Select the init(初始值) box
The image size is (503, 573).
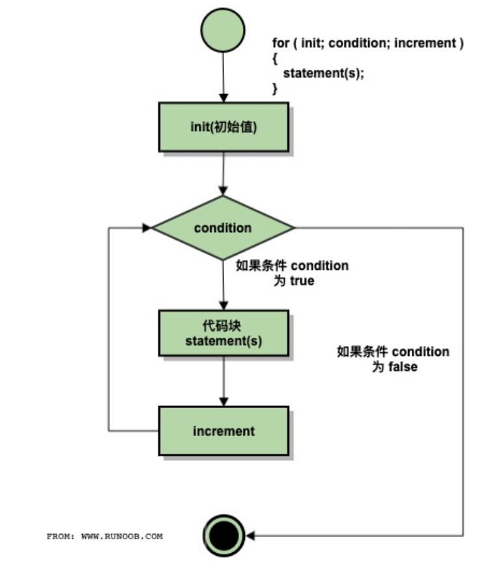pyautogui.click(x=223, y=126)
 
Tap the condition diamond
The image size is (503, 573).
pyautogui.click(x=223, y=228)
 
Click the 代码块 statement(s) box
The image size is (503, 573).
pyautogui.click(x=223, y=333)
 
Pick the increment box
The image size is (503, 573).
pyautogui.click(x=223, y=431)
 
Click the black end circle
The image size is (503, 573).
pyautogui.click(x=223, y=536)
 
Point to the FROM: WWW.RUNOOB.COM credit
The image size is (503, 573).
pyautogui.click(x=104, y=536)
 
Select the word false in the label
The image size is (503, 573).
pyautogui.click(x=403, y=367)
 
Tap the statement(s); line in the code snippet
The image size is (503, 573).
pyautogui.click(x=323, y=74)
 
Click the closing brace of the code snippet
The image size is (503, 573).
pyautogui.click(x=275, y=89)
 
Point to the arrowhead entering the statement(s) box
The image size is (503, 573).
pyautogui.click(x=223, y=305)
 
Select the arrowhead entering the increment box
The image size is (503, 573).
pyautogui.click(x=223, y=402)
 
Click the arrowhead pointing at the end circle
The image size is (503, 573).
pyautogui.click(x=250, y=536)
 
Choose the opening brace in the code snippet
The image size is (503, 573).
pyautogui.click(x=275, y=58)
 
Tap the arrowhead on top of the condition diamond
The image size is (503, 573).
pyautogui.click(x=223, y=192)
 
